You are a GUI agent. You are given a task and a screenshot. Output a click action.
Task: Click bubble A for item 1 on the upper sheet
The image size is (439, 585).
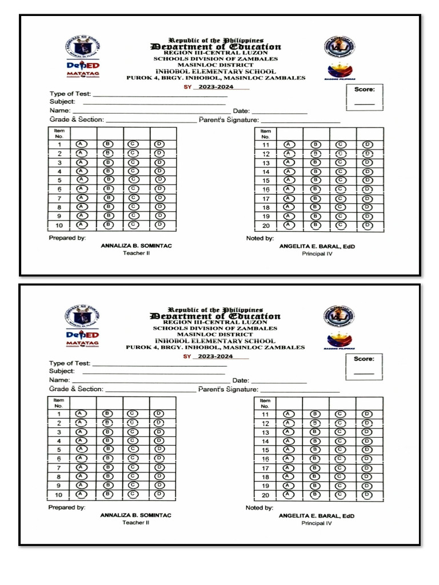[x=81, y=145]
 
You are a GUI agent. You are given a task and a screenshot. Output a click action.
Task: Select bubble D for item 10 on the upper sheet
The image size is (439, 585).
[x=159, y=225]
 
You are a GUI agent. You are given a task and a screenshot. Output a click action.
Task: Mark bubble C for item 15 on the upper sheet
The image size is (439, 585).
[x=341, y=180]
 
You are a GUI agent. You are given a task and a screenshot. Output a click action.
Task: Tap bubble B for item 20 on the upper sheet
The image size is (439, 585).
[x=315, y=225]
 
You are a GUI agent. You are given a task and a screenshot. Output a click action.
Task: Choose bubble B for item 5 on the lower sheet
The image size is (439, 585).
[x=107, y=449]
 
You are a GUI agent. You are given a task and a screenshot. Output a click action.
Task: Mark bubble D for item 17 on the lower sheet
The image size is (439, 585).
[x=367, y=468]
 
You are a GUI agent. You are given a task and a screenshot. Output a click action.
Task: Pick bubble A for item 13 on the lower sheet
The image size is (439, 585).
[x=289, y=432]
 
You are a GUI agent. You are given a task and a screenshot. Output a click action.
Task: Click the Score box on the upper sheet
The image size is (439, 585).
[x=365, y=98]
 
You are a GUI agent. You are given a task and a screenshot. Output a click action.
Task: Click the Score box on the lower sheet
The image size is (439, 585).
[x=364, y=367]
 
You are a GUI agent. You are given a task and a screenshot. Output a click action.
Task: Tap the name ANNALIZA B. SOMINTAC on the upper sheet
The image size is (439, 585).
[x=136, y=246]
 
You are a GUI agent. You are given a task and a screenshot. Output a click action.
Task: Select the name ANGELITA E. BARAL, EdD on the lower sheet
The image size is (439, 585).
[x=316, y=516]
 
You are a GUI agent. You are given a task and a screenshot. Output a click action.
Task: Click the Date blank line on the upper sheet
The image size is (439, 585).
[x=280, y=111]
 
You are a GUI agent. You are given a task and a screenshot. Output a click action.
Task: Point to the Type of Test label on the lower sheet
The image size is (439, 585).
[x=70, y=363]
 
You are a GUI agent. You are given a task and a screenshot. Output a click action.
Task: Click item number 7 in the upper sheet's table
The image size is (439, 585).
[x=59, y=198]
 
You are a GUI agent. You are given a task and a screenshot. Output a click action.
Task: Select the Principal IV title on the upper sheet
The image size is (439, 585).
[x=317, y=254]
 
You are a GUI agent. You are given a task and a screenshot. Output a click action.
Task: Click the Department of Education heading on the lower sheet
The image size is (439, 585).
[x=215, y=316]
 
